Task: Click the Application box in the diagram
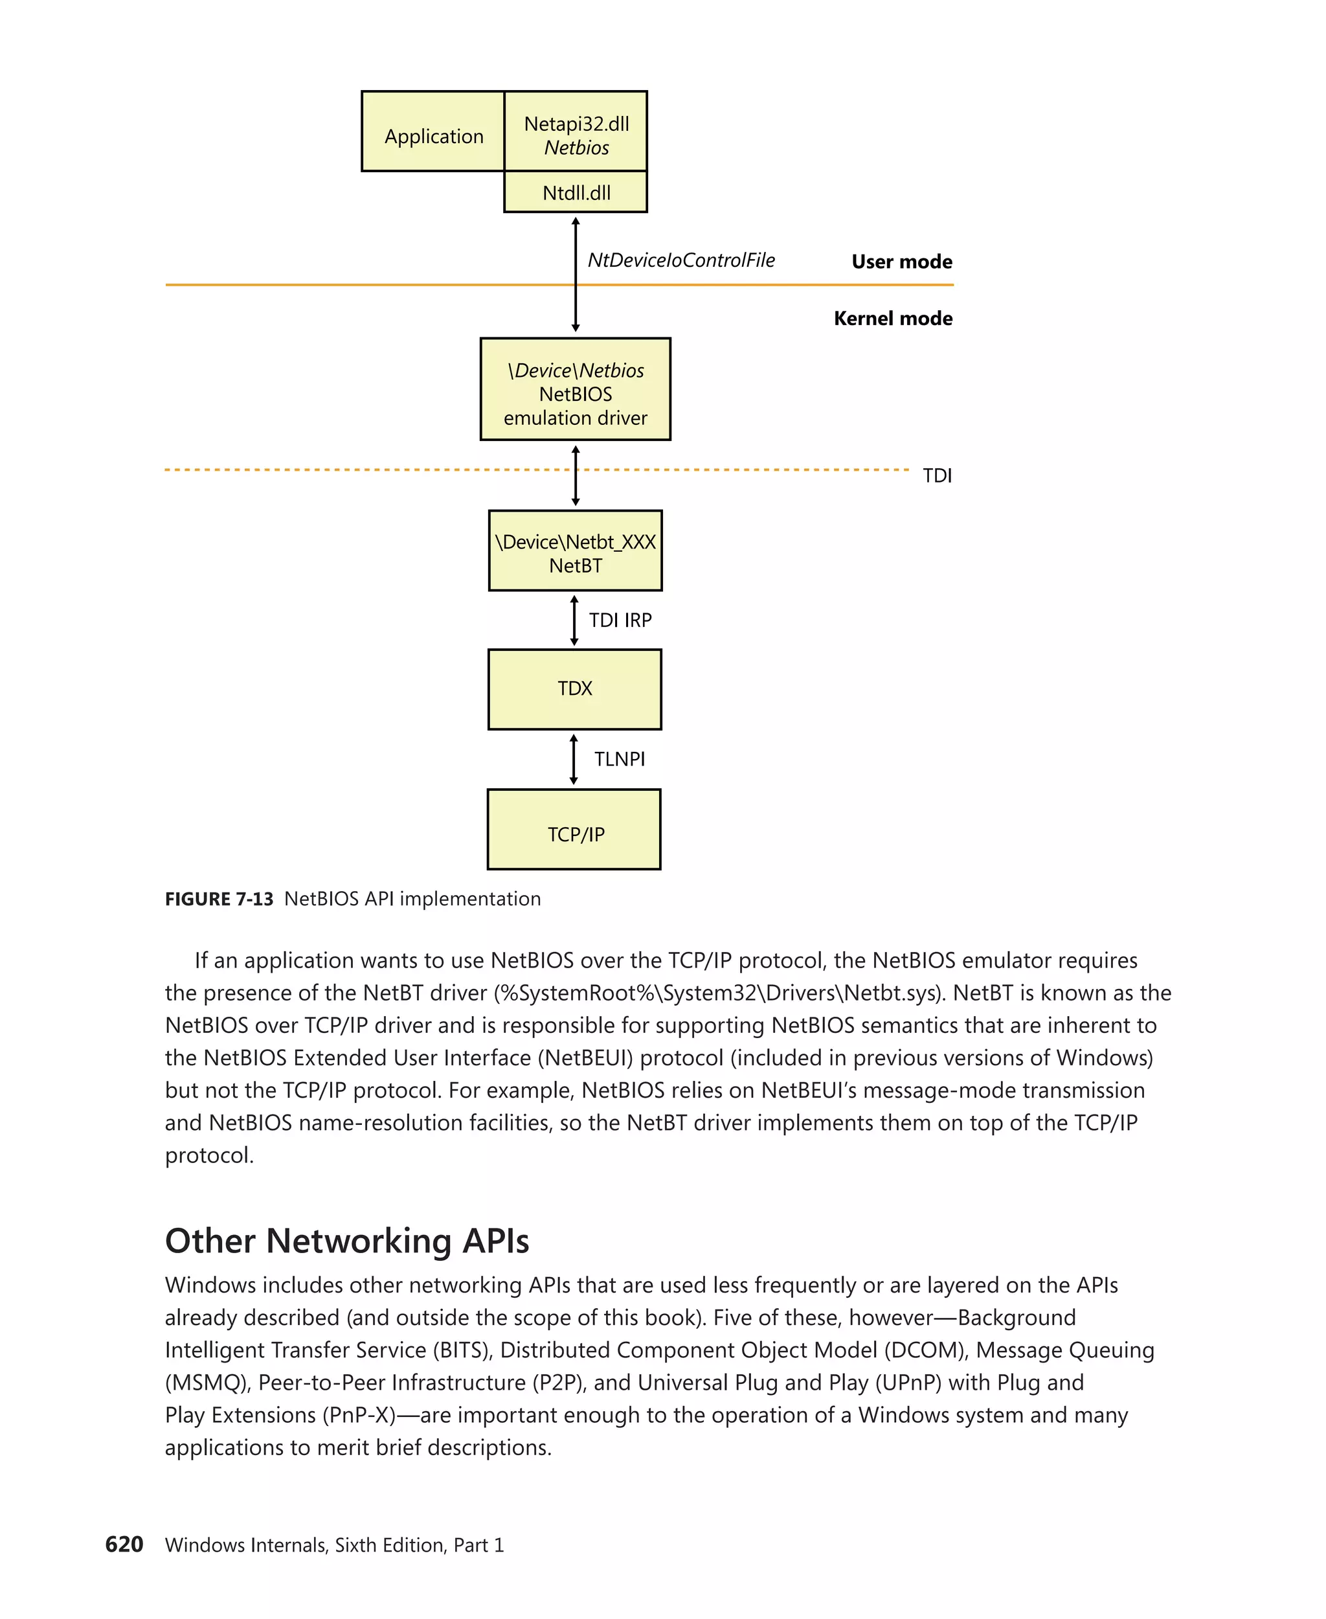point(433,132)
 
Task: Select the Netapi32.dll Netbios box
point(576,132)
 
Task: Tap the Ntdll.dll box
point(576,192)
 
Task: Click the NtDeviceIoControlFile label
point(680,260)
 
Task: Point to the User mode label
point(901,262)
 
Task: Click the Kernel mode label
point(892,319)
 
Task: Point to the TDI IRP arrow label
point(620,620)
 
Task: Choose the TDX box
point(574,689)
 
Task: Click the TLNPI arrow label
point(619,760)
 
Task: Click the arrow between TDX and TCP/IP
point(574,760)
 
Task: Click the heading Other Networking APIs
point(347,1241)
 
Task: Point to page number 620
point(124,1544)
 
